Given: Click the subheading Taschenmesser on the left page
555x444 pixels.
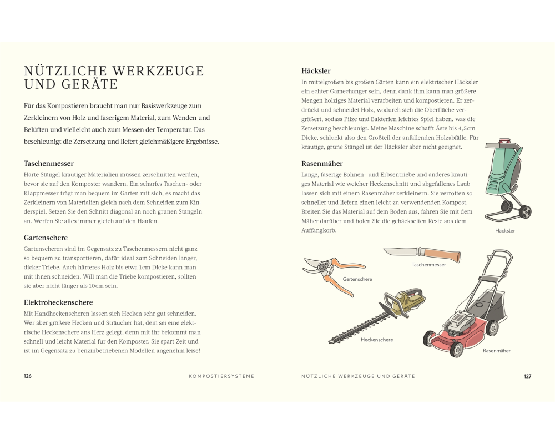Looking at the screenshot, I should (48, 164).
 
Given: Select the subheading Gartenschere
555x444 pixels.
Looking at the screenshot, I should (46, 238).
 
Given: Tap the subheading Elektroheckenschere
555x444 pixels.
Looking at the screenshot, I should (58, 302).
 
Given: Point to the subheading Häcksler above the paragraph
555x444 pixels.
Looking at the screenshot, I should (316, 71).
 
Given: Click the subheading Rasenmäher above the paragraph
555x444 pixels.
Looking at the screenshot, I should (322, 164).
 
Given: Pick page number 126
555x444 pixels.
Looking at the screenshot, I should (28, 376).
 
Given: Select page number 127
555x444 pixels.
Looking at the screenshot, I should (527, 376).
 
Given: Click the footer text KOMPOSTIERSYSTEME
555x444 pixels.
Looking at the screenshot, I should (221, 376).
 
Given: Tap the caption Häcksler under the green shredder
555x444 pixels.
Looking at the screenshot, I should (505, 231).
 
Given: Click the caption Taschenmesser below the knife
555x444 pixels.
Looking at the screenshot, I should (428, 265).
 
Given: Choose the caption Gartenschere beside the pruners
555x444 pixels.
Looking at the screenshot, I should (357, 279).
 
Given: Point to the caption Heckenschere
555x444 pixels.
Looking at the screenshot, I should (377, 340).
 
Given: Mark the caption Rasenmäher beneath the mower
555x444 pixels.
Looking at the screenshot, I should (497, 351).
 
